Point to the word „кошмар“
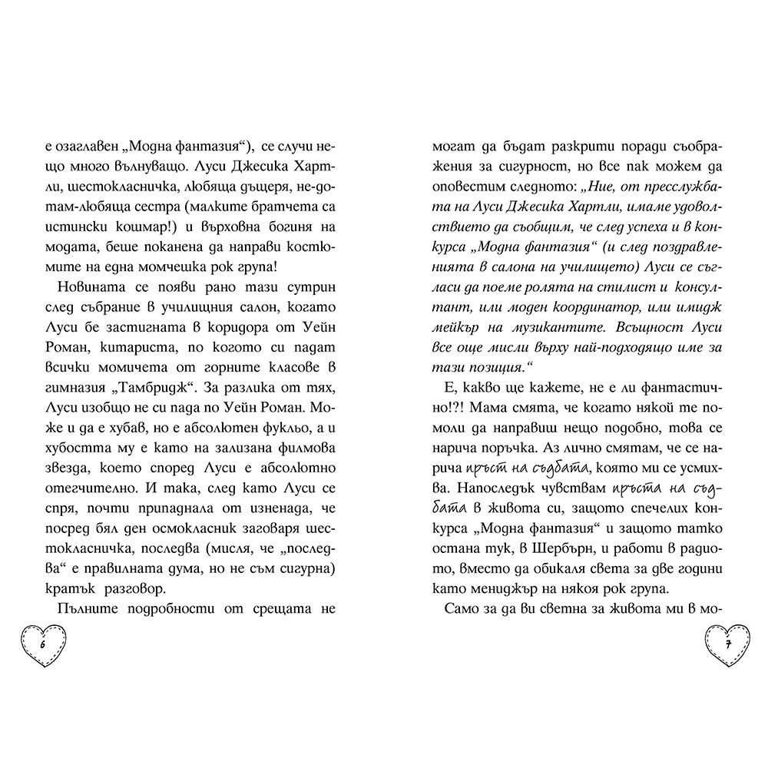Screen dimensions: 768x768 point(180,207)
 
